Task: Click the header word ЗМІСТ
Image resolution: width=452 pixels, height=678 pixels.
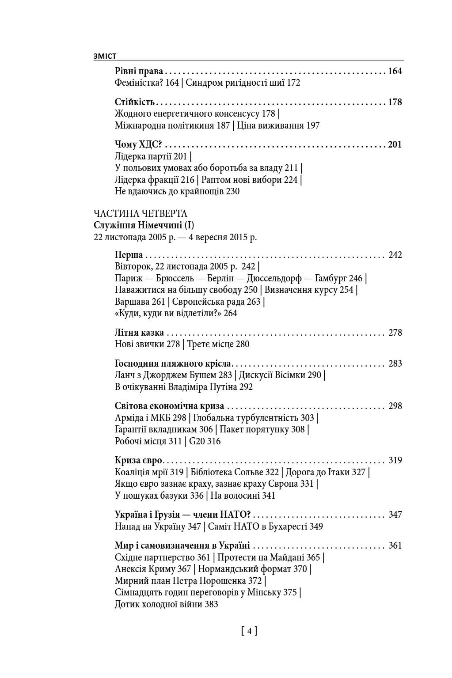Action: point(105,56)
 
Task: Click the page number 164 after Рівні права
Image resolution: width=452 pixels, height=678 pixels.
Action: point(395,71)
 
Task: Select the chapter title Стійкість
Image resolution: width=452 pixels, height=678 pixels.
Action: point(134,102)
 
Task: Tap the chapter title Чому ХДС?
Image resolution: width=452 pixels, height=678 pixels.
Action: point(138,144)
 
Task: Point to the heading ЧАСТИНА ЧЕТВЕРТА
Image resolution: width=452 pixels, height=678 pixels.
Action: point(141,214)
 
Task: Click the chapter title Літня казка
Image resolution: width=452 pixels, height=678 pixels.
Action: point(139,333)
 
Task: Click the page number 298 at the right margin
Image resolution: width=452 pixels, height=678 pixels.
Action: point(395,406)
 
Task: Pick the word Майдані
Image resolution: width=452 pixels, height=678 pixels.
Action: point(288,557)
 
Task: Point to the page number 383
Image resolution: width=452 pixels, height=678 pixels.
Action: point(211,604)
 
